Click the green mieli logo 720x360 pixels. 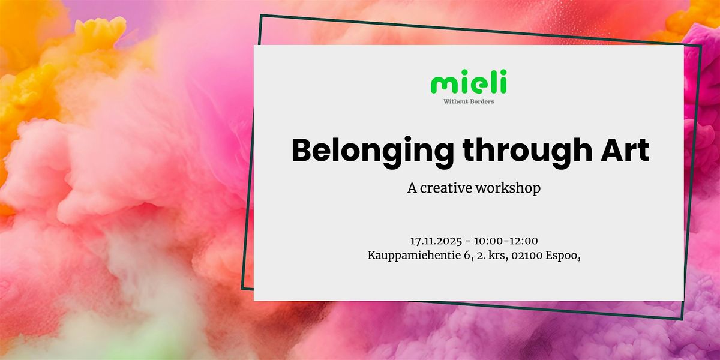coord(469,82)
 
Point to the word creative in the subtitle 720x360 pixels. coord(448,188)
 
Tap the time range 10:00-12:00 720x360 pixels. coord(506,241)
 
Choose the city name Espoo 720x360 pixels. coord(561,255)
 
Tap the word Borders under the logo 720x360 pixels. coord(482,101)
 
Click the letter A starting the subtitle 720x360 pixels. coord(412,188)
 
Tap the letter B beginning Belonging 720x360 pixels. coord(302,151)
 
